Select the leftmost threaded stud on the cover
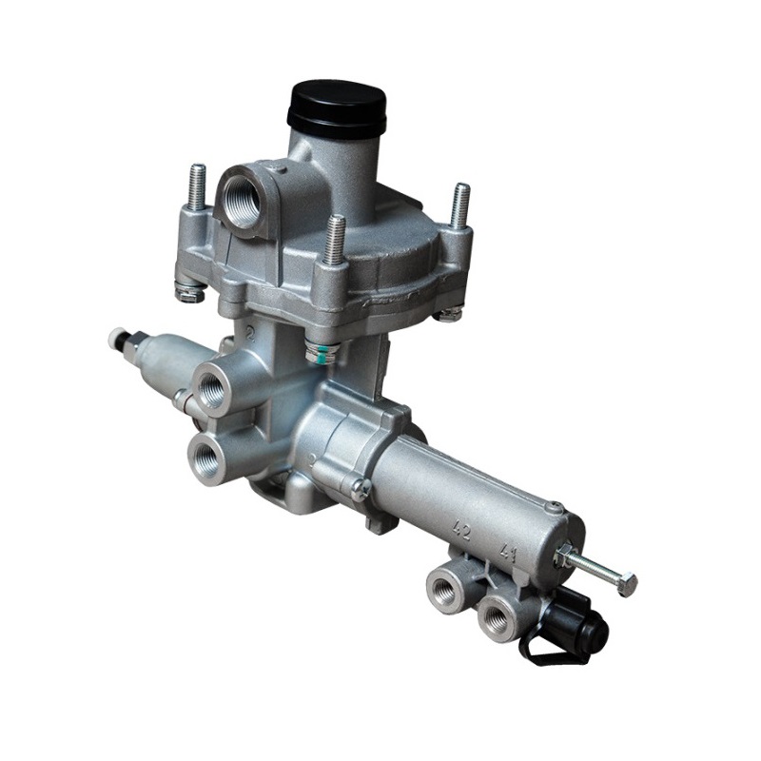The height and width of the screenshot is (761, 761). (x=197, y=187)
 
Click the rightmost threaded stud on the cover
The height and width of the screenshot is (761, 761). (x=459, y=205)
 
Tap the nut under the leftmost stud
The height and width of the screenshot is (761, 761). (x=190, y=291)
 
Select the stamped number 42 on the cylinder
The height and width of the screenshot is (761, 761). (x=462, y=531)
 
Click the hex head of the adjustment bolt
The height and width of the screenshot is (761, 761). (x=626, y=584)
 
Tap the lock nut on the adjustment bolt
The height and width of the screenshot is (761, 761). (x=565, y=557)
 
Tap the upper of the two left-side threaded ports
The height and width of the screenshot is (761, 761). (x=210, y=388)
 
